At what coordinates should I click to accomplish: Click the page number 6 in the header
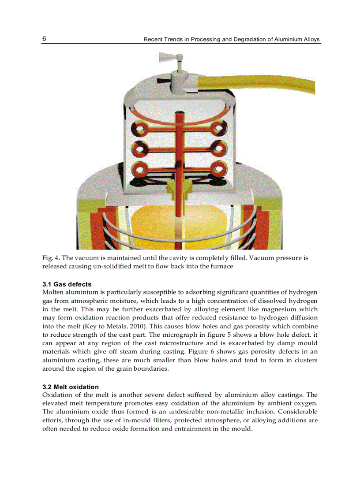pyautogui.click(x=44, y=39)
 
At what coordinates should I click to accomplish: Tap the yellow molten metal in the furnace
pyautogui.click(x=159, y=229)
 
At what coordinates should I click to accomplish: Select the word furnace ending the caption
pyautogui.click(x=221, y=266)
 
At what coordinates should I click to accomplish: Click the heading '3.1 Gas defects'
pyautogui.click(x=67, y=284)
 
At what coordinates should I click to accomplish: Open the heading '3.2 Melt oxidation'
pyautogui.click(x=71, y=387)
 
